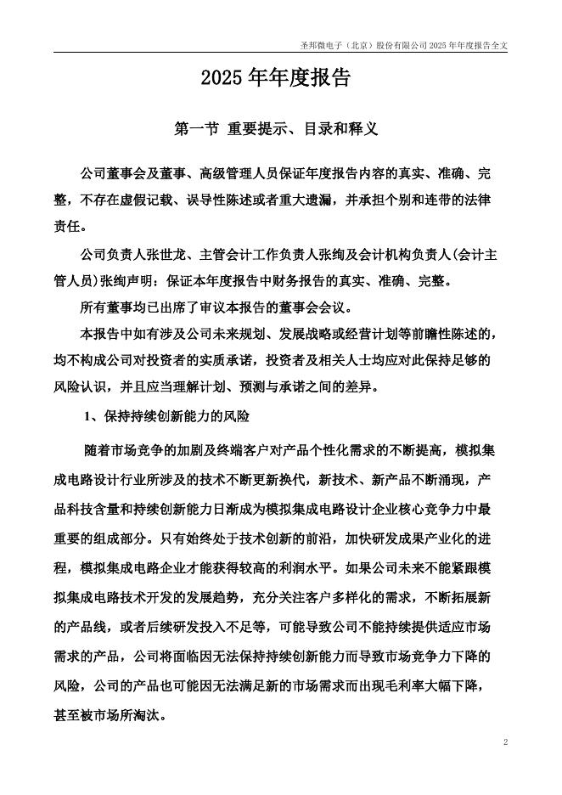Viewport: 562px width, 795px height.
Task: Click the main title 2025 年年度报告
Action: (x=276, y=79)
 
